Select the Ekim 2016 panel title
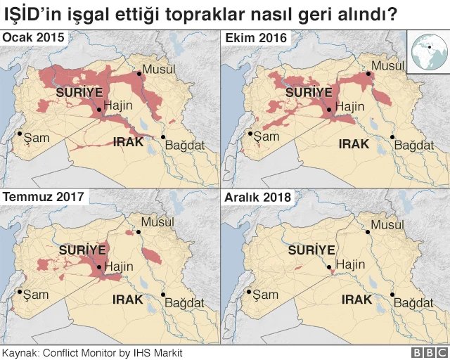pyautogui.click(x=255, y=38)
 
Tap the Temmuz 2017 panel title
pyautogui.click(x=44, y=197)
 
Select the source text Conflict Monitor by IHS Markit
pyautogui.click(x=115, y=352)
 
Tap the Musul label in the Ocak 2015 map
pyautogui.click(x=158, y=69)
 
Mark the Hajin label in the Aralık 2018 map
pyautogui.click(x=350, y=265)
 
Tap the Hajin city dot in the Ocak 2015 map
pyautogui.click(x=99, y=110)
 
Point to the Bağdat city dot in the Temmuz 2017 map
pyautogui.click(x=163, y=295)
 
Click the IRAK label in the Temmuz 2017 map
pyautogui.click(x=128, y=300)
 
